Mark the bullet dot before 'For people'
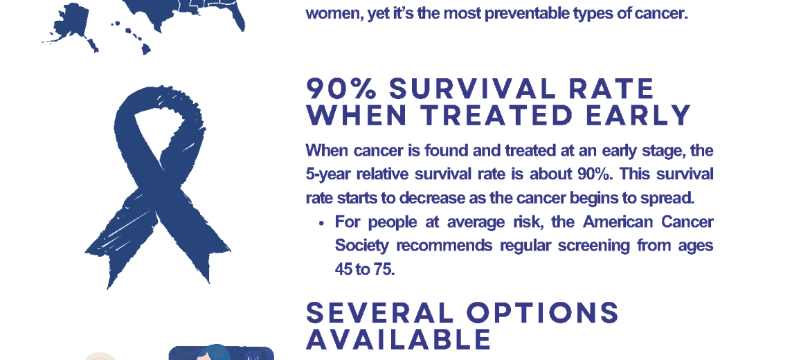click(321, 224)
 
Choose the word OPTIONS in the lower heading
click(542, 312)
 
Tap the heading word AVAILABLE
click(398, 339)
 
